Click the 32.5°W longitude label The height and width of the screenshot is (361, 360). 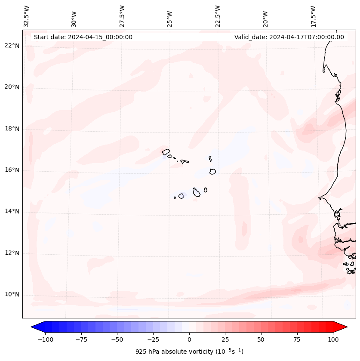(27, 16)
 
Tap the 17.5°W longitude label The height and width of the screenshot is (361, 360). (313, 16)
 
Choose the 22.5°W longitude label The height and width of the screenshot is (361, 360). (218, 16)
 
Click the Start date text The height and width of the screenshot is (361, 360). (83, 37)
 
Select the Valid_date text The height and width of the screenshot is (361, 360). (289, 37)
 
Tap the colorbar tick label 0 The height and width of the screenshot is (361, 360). (189, 339)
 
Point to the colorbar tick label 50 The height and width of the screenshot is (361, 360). (261, 339)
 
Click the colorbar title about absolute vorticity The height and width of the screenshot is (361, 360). (189, 352)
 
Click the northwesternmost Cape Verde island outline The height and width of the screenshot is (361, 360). (166, 151)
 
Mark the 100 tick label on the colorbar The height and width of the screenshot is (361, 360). (332, 339)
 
